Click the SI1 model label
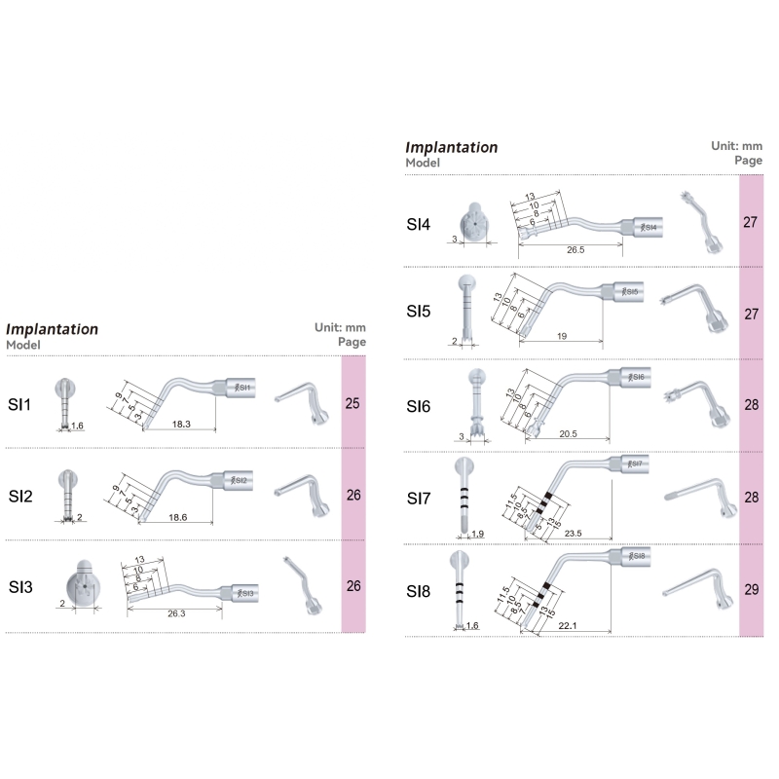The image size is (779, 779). [21, 403]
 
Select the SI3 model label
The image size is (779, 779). [21, 587]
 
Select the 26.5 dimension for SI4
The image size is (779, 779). [575, 250]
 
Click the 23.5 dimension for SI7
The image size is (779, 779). [573, 534]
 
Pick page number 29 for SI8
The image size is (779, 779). [751, 590]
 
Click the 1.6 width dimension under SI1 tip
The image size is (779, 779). [78, 427]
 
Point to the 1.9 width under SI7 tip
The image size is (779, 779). [477, 535]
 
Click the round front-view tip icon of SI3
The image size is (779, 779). [81, 586]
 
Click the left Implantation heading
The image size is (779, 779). [53, 329]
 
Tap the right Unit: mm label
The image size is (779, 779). [736, 145]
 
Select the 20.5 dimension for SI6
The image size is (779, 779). [569, 433]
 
